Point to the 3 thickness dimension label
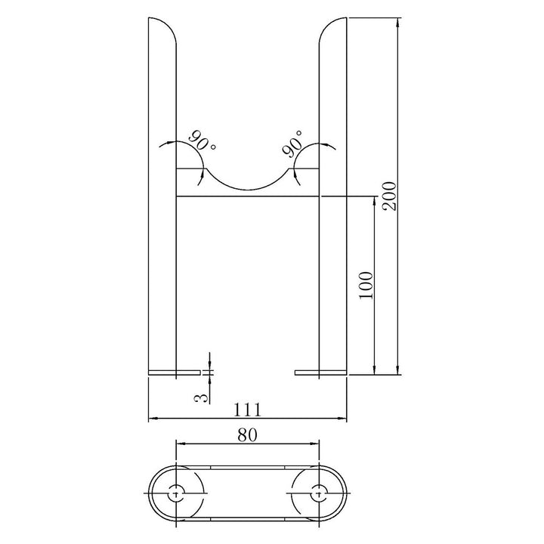coord(202,396)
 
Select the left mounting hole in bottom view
coord(176,492)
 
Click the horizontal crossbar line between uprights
coord(248,197)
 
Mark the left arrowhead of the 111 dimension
coord(152,417)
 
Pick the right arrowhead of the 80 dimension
coord(316,443)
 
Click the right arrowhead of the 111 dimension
coord(343,417)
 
